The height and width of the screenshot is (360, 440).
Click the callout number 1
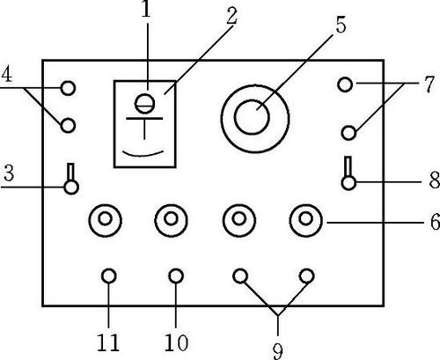click(146, 10)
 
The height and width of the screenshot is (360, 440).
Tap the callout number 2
click(231, 15)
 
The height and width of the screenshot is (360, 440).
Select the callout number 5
click(341, 24)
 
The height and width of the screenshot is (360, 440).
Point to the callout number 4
click(7, 74)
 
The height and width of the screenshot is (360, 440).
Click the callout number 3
click(9, 173)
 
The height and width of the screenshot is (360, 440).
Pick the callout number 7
click(429, 84)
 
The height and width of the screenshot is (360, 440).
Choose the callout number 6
click(435, 221)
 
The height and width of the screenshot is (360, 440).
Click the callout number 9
click(277, 351)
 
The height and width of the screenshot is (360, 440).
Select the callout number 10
click(176, 342)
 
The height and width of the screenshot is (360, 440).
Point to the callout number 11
click(108, 342)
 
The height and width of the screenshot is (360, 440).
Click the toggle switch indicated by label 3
click(71, 179)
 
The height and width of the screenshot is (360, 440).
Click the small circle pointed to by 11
click(109, 276)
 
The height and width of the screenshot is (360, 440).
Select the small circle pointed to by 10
click(176, 276)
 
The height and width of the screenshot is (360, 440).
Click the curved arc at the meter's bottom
click(143, 155)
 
